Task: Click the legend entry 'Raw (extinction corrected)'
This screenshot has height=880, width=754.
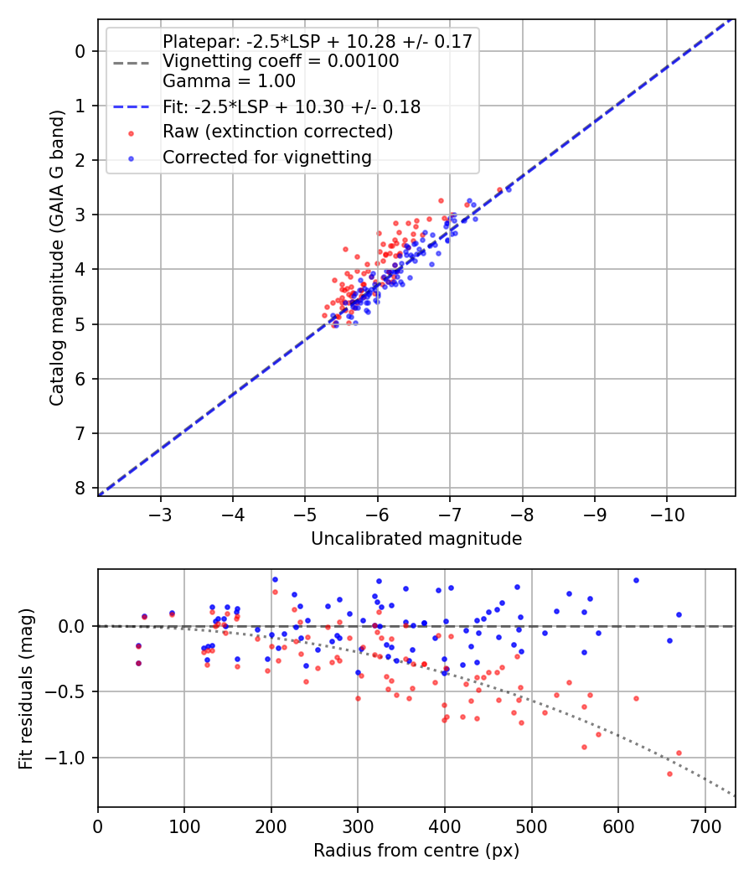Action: [x=277, y=132]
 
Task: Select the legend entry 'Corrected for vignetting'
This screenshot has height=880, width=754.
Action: [x=267, y=157]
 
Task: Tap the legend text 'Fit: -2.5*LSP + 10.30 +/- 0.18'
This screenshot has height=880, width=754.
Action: [x=291, y=106]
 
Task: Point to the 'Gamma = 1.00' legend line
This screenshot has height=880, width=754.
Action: [x=229, y=81]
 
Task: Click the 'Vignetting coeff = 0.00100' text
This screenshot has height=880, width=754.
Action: [x=281, y=61]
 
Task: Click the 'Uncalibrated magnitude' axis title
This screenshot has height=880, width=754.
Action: [x=416, y=539]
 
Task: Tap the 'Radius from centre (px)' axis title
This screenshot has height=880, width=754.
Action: [x=416, y=851]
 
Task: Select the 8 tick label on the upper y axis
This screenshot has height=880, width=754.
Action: [x=80, y=488]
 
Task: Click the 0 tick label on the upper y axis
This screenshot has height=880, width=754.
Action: [x=80, y=51]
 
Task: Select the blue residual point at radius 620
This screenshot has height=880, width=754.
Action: [x=636, y=580]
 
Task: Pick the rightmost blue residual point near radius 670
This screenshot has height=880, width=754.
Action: [x=679, y=614]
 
